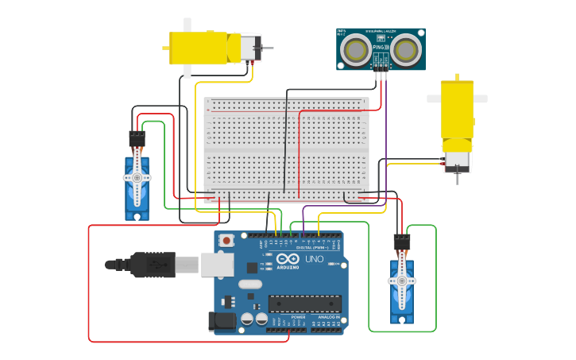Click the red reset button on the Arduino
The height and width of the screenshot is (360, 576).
pyautogui.click(x=226, y=240)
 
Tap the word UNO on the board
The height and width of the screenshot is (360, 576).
pyautogui.click(x=314, y=259)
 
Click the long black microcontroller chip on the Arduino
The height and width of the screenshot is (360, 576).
pyautogui.click(x=304, y=304)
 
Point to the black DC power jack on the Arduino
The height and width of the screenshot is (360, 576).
pyautogui.click(x=222, y=321)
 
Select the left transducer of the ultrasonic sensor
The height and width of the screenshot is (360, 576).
pyautogui.click(x=354, y=51)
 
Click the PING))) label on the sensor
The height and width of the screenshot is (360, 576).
pyautogui.click(x=381, y=48)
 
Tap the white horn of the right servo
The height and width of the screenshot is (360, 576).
pyautogui.click(x=401, y=281)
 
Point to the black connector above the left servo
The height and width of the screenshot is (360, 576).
pyautogui.click(x=137, y=139)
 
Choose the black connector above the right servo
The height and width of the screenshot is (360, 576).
pyautogui.click(x=402, y=242)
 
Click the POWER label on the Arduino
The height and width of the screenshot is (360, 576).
pyautogui.click(x=298, y=317)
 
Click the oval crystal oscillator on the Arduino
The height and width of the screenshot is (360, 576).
pyautogui.click(x=249, y=284)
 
